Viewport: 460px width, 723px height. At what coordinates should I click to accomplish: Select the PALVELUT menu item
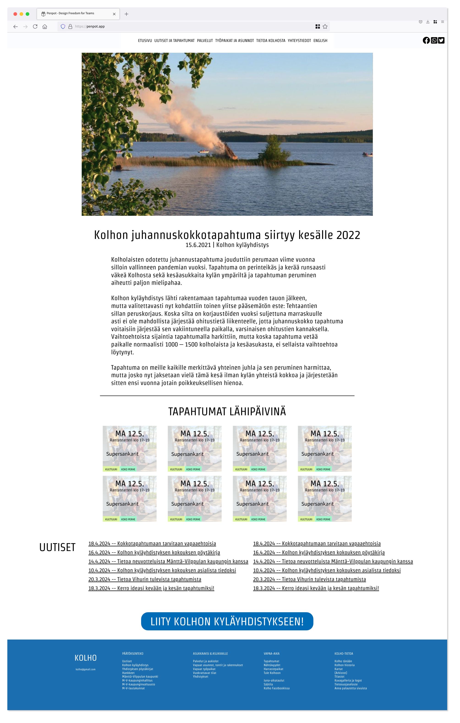205,41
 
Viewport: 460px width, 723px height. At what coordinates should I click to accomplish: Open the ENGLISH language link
320,41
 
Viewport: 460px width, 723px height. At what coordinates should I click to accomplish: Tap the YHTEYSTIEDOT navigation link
299,41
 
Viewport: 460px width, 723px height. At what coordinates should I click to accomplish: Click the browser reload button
35,26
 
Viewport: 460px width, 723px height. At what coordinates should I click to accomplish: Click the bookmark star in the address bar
325,26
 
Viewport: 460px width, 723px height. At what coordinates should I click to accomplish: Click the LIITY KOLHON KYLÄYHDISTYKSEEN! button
227,621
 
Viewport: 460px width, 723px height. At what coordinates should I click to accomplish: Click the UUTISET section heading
57,547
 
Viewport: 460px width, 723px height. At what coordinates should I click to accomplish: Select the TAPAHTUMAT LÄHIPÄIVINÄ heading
227,411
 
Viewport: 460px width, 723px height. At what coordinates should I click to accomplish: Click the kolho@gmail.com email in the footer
85,669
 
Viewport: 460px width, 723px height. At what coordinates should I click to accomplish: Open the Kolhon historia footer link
344,665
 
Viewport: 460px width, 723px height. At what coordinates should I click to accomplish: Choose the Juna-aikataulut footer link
274,680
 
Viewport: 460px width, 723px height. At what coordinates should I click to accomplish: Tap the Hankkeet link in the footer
128,673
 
